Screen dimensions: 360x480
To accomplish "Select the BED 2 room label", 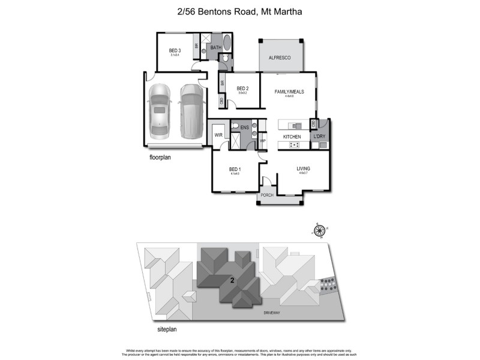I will pos(242,89).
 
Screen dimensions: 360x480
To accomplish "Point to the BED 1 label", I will pos(235,169).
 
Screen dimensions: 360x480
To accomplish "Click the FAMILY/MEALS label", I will pos(289,92).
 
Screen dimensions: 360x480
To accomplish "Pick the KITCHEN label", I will pos(292,137).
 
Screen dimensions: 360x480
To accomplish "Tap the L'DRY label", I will pos(320,137).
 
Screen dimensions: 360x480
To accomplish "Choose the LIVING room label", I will pos(303,169).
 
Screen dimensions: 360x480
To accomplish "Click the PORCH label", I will pos(267,196).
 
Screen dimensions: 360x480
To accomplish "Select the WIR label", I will pos(218,136).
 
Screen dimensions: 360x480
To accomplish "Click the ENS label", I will pos(245,127).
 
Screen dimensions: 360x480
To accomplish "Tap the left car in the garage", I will pos(160,109).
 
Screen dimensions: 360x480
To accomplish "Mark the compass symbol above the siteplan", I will pos(320,230).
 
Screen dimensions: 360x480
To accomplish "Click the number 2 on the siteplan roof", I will pos(232,280).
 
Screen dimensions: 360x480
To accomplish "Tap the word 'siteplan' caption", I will pos(163,329).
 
